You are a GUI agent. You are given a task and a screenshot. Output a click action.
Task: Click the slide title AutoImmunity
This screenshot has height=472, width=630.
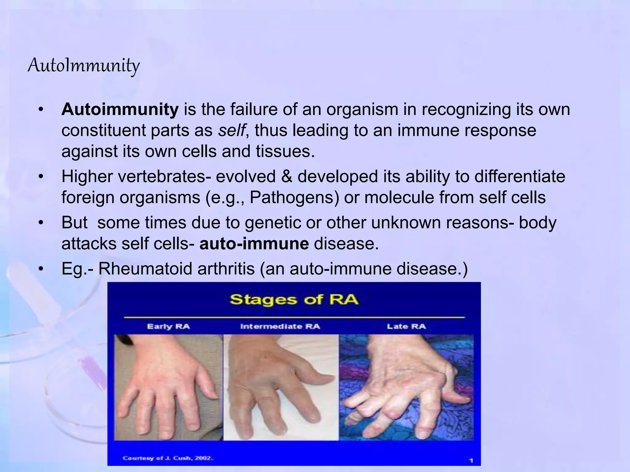tap(84, 65)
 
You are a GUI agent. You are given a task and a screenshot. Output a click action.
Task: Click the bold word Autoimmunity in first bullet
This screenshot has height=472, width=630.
tap(120, 109)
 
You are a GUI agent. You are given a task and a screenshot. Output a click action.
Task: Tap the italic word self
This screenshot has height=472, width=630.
tap(232, 130)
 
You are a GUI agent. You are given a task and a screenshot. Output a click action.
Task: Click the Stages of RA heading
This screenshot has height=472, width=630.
tap(294, 300)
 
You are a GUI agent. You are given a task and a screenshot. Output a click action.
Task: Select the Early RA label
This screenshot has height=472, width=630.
tap(168, 326)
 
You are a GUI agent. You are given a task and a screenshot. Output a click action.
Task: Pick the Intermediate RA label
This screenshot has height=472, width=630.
tap(280, 326)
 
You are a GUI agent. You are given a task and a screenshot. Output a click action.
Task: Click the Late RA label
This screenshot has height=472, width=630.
tap(406, 326)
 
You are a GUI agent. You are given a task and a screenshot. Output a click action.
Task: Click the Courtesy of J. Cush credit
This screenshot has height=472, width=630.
tap(168, 458)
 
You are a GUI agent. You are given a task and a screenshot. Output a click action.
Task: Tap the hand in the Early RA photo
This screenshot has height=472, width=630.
tap(166, 387)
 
